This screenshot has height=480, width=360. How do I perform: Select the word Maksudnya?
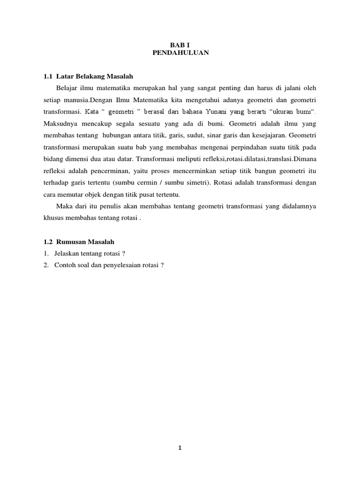[60, 124]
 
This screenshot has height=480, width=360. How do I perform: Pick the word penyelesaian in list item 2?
[122, 265]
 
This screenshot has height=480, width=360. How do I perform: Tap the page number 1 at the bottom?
[180, 448]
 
